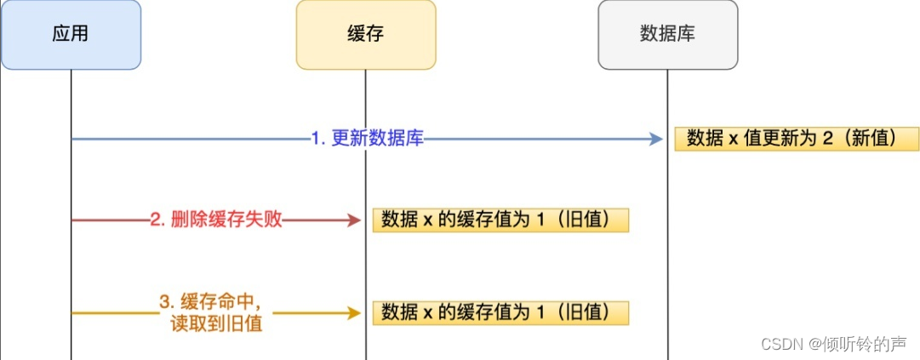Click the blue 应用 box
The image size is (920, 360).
pyautogui.click(x=71, y=35)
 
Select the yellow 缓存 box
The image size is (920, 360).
pyautogui.click(x=366, y=35)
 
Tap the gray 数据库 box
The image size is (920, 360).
pyautogui.click(x=668, y=35)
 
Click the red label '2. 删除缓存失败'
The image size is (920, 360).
pyautogui.click(x=216, y=220)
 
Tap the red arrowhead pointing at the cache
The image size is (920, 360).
pyautogui.click(x=355, y=220)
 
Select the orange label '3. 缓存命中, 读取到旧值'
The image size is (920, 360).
pyautogui.click(x=216, y=312)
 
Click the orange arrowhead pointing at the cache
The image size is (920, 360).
pyautogui.click(x=355, y=312)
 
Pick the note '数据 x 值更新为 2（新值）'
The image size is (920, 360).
pyautogui.click(x=797, y=139)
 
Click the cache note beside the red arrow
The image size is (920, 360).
pyautogui.click(x=500, y=220)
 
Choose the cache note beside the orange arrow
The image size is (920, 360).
pyautogui.click(x=500, y=312)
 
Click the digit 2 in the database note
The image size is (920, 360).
pyautogui.click(x=826, y=139)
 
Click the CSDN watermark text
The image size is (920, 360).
pyautogui.click(x=833, y=344)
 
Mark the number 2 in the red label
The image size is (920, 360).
pyautogui.click(x=154, y=220)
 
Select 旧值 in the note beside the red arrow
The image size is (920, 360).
pyautogui.click(x=592, y=220)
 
